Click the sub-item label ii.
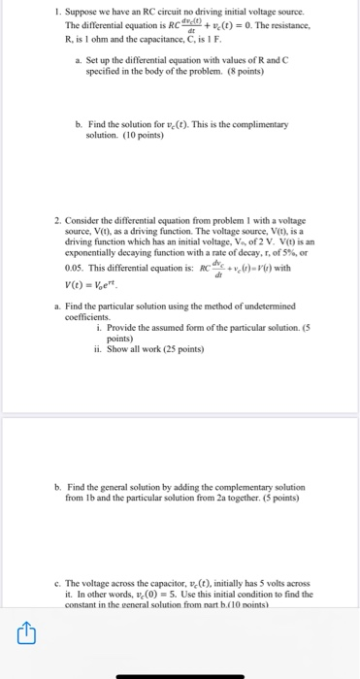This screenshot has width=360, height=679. tap(99, 348)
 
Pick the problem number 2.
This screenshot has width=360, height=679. tap(55, 222)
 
